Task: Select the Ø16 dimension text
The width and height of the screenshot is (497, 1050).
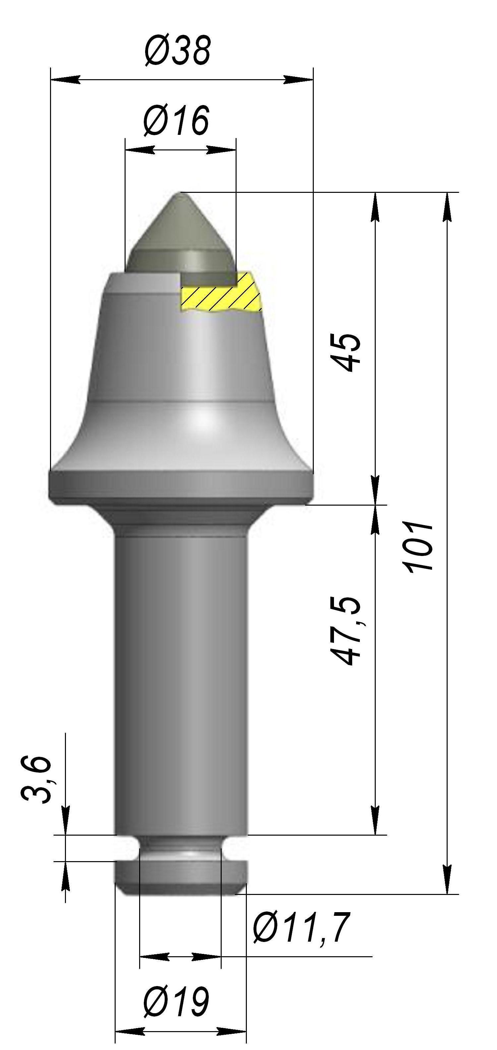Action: pyautogui.click(x=176, y=120)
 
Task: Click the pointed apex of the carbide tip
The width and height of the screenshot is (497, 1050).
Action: pyautogui.click(x=179, y=193)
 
